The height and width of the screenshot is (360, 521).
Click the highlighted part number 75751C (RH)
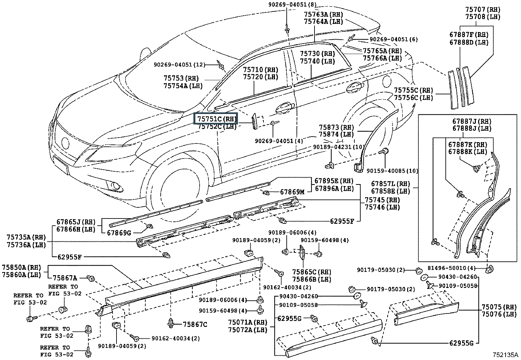(216, 119)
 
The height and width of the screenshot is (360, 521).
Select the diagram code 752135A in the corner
(506, 355)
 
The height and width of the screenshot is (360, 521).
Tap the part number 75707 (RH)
(483, 9)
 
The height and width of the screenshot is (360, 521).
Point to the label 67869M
(292, 192)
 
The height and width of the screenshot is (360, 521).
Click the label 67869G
(119, 233)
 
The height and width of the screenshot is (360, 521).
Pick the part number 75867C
(195, 325)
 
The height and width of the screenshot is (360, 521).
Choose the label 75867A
(65, 278)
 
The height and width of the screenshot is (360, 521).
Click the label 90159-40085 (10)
(392, 171)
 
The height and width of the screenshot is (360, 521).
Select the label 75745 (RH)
(382, 200)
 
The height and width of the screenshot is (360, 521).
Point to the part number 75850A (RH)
(22, 267)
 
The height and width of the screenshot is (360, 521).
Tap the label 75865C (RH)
(312, 272)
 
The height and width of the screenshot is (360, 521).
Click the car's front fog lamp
(115, 186)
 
